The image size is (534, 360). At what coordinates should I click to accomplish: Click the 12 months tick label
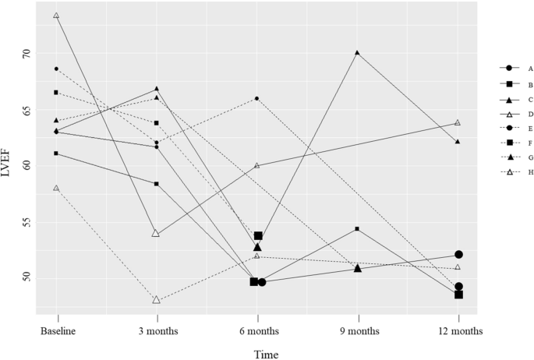tap(458, 330)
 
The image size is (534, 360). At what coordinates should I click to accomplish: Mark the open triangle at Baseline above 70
tap(56, 16)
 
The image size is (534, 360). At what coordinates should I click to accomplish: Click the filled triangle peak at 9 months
tap(357, 53)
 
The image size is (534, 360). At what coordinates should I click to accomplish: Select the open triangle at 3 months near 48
tap(157, 299)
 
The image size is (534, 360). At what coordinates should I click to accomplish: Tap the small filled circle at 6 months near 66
tap(257, 98)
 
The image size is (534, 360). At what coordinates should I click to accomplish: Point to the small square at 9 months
tap(357, 228)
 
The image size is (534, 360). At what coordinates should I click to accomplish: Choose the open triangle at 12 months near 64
tap(458, 122)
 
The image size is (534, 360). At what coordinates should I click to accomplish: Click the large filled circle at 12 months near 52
tap(458, 255)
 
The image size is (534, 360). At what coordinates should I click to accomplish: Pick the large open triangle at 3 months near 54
tap(157, 233)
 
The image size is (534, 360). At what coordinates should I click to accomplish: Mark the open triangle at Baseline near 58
tap(56, 188)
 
